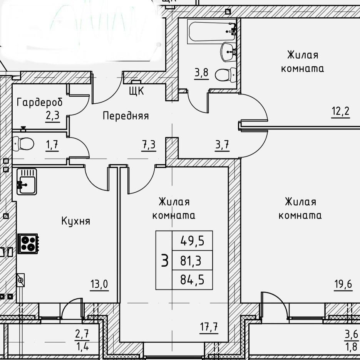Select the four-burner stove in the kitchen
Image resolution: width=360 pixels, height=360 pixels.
coord(27,244)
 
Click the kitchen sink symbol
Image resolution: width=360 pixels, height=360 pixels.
coord(26,182)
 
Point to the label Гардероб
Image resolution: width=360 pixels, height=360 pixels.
coord(40,103)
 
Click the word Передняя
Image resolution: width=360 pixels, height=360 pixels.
coord(126,116)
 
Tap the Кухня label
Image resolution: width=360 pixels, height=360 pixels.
coord(76,221)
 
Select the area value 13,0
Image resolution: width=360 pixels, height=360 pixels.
coord(99,285)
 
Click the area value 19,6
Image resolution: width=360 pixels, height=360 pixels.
coord(343,285)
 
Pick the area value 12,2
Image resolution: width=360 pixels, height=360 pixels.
coord(340,111)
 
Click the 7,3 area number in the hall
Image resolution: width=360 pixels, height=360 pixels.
coord(149,145)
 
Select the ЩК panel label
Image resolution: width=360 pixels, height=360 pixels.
coord(136,91)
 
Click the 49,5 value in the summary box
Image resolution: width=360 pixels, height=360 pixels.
coord(192,242)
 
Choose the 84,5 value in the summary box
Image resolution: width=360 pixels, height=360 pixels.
coord(192,280)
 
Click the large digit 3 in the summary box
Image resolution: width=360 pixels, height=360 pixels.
coord(164,261)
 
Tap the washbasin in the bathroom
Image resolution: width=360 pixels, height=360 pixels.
coord(229,51)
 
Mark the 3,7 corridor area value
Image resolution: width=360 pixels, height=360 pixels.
coord(222,145)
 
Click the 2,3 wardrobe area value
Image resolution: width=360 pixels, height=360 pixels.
coord(53,115)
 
